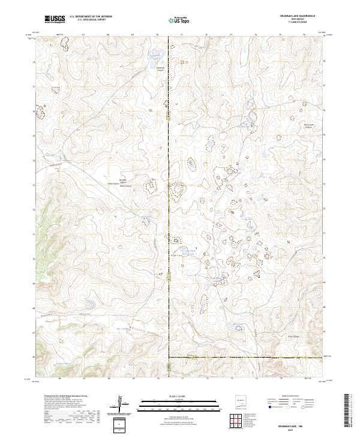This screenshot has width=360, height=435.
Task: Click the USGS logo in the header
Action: pyautogui.click(x=54, y=19)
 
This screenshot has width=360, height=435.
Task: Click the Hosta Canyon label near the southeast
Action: pyautogui.click(x=292, y=337)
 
